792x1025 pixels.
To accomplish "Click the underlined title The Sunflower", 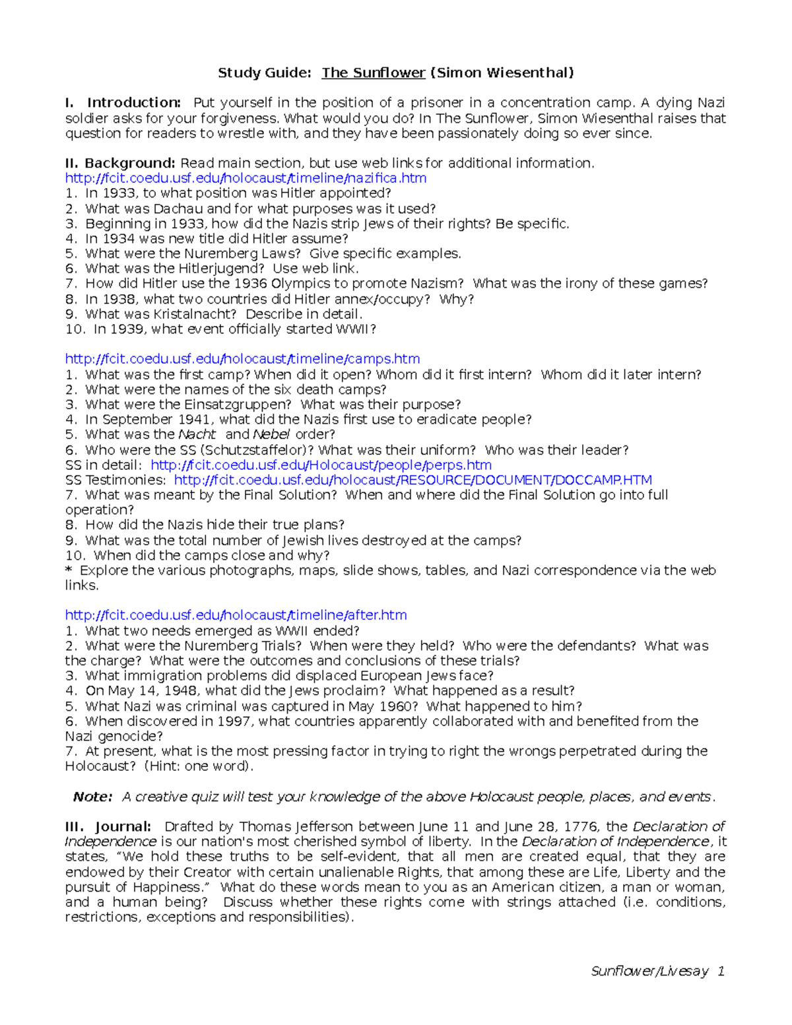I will coord(373,73).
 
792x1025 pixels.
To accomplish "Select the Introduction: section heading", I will coord(134,102).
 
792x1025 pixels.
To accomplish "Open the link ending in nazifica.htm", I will coord(246,178).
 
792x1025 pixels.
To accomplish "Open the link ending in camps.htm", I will coord(242,359).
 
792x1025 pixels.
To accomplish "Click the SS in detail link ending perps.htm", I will coord(321,465).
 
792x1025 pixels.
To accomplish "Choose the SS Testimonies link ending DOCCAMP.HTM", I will coord(412,480).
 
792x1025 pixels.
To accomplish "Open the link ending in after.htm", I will coord(236,615).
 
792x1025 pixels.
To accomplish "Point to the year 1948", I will coord(182,691).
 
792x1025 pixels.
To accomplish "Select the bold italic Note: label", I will coord(92,797).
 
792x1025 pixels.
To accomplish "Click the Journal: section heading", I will coord(123,826).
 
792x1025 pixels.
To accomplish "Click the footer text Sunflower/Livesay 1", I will coord(657,971).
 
